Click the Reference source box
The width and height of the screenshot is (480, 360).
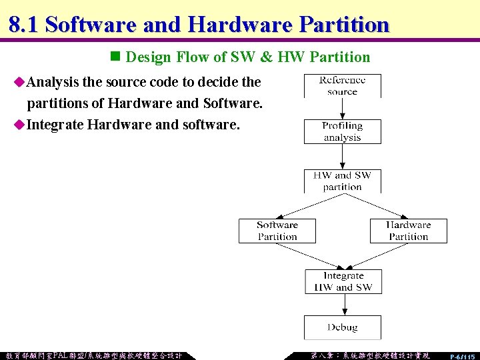click(x=342, y=86)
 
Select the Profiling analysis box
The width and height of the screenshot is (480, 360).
click(x=342, y=131)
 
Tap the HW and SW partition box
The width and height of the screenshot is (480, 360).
click(x=342, y=181)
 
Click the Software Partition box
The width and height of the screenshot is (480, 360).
click(x=277, y=231)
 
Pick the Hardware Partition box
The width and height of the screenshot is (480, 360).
click(x=408, y=231)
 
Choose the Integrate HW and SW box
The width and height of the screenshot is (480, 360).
click(x=343, y=281)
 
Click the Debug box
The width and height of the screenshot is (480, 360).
click(x=343, y=327)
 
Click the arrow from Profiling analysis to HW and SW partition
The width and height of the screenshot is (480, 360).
click(x=342, y=156)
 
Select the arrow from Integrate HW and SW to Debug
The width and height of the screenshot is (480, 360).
click(x=343, y=305)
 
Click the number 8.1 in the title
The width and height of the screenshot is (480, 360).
click(x=23, y=25)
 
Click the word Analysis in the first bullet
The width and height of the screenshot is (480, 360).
click(x=52, y=83)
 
